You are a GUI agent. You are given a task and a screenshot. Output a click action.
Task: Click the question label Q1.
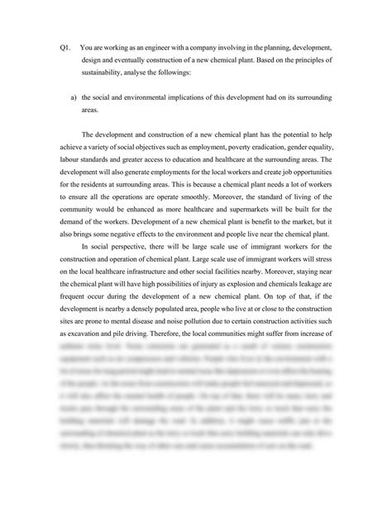(65, 49)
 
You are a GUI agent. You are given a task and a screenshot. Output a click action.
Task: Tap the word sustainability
(95, 73)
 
